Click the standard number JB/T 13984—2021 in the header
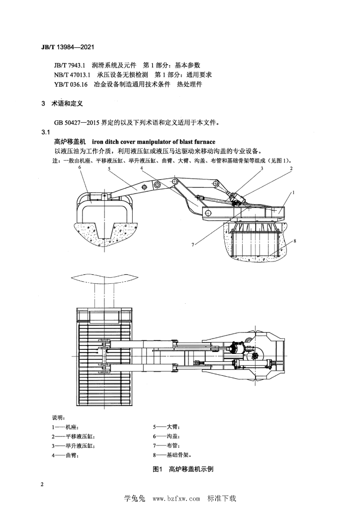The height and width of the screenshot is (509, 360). [68, 47]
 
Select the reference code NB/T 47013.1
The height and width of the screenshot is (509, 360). [72, 75]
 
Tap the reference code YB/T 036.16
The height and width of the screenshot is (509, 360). [71, 85]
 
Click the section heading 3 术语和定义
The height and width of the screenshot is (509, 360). [62, 103]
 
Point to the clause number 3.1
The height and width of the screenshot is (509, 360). [45, 132]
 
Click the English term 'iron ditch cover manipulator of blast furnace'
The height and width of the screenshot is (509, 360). [154, 142]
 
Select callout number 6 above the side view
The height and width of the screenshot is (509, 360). [80, 168]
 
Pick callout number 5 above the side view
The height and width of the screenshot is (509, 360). [109, 169]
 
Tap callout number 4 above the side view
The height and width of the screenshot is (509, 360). [142, 168]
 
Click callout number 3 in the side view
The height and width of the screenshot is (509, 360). [262, 168]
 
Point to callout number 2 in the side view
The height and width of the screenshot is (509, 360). [291, 168]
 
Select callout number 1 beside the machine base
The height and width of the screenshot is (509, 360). [293, 192]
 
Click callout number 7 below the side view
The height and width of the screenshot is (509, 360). [192, 245]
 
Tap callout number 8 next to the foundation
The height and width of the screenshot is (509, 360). [295, 241]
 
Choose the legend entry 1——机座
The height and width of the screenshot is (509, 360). [65, 427]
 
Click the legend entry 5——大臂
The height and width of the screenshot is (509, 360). [166, 427]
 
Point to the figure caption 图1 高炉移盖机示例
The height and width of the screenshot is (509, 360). [183, 469]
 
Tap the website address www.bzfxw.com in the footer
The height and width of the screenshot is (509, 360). [176, 498]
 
